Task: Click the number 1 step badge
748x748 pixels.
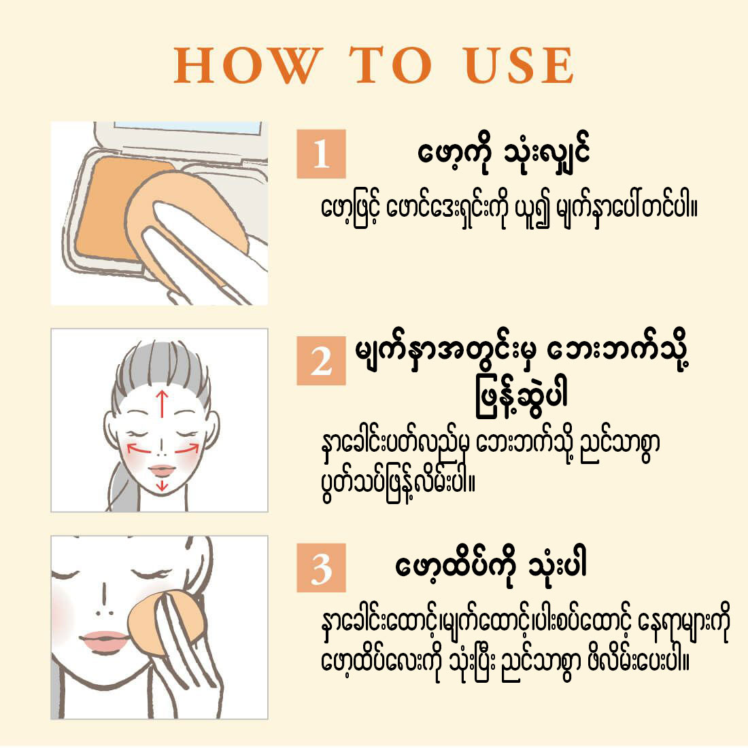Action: [321, 154]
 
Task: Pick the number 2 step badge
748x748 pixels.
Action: [321, 360]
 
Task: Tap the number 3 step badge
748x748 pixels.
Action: [321, 567]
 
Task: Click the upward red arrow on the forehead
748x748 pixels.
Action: [163, 404]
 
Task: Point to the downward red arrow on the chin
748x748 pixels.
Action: [163, 484]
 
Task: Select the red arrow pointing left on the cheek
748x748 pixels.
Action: [139, 448]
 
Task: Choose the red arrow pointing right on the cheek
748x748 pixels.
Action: [186, 448]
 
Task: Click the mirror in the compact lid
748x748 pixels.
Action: [188, 128]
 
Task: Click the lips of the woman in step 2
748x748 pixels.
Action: [162, 470]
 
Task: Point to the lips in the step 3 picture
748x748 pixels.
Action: [105, 641]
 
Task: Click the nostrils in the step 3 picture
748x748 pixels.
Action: [105, 613]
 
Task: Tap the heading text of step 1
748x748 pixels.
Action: [504, 154]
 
